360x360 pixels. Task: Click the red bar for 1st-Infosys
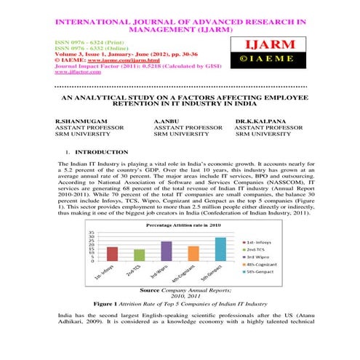pyautogui.click(x=112, y=254)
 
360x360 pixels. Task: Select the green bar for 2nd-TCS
pyautogui.click(x=139, y=255)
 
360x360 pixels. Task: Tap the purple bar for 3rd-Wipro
pyautogui.click(x=167, y=251)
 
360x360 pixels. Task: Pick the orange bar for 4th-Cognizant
pyautogui.click(x=193, y=253)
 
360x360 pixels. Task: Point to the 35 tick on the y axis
pyautogui.click(x=91, y=232)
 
